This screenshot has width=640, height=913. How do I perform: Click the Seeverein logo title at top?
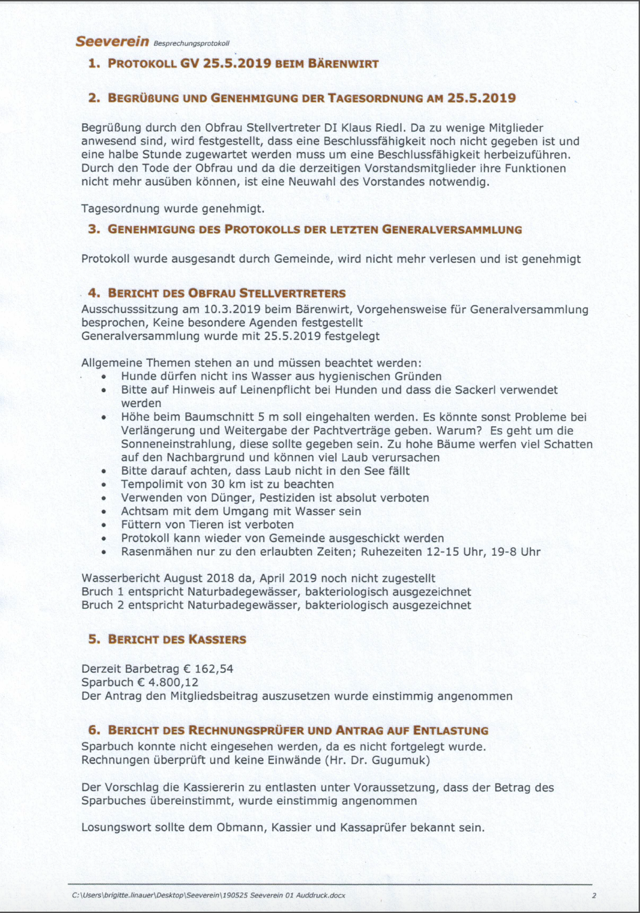point(112,41)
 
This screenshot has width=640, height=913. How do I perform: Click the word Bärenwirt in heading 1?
point(343,64)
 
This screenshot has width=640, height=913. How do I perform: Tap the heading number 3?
point(93,229)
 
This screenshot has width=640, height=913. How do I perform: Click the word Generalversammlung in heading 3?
point(452,229)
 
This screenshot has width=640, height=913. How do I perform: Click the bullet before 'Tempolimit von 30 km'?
point(104,485)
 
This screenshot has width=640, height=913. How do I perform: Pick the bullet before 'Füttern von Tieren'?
point(104,525)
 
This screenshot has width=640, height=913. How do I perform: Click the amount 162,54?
point(214,669)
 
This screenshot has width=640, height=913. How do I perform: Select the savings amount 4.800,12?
point(173,682)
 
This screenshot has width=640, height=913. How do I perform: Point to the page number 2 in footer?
point(593,895)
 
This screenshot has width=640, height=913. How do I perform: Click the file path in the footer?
point(208,895)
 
